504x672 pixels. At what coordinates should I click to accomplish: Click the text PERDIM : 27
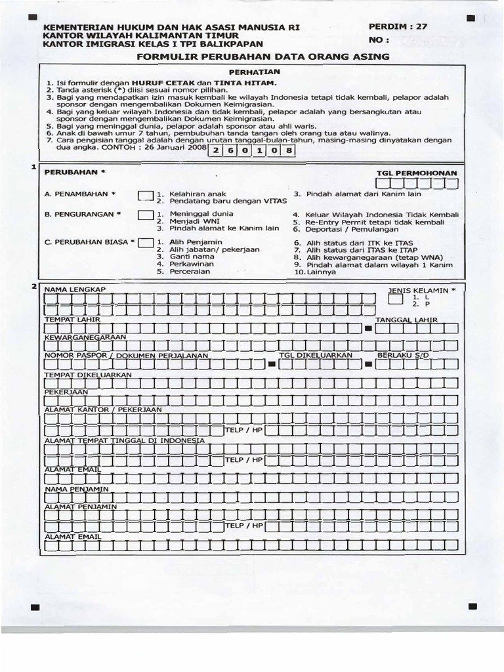pyautogui.click(x=398, y=27)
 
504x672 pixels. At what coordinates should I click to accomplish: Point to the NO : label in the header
pyautogui.click(x=379, y=40)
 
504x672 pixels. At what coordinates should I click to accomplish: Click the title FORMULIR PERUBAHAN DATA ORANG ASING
pyautogui.click(x=262, y=57)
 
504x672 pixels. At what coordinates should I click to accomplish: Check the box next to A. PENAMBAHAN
pyautogui.click(x=145, y=196)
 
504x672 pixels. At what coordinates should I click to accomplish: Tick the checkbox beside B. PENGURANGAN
pyautogui.click(x=145, y=215)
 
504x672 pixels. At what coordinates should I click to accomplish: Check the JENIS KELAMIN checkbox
pyautogui.click(x=396, y=300)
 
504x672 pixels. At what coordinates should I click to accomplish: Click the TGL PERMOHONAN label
pyautogui.click(x=416, y=173)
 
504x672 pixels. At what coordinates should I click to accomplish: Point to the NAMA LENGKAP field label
pyautogui.click(x=74, y=289)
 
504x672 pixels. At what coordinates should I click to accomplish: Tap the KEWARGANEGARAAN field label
pyautogui.click(x=85, y=337)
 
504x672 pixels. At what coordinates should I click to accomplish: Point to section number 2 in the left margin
pyautogui.click(x=34, y=287)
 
